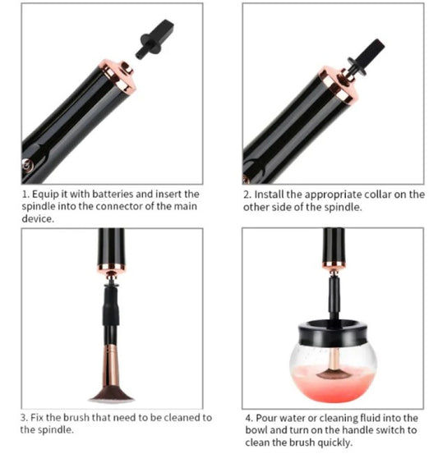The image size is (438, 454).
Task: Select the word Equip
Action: click(44, 195)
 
